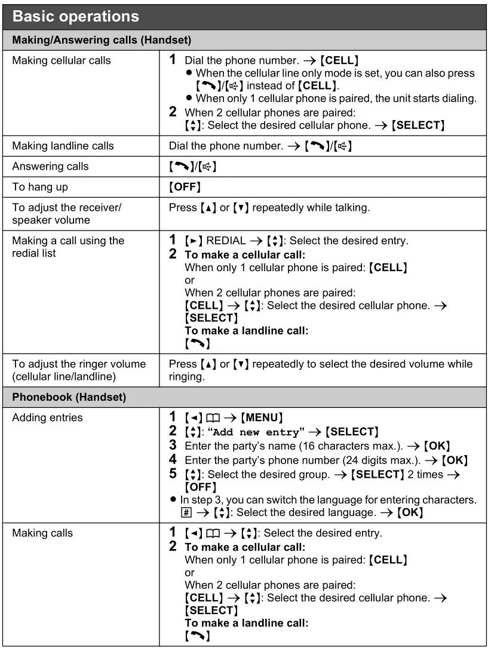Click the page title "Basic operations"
tap(75, 16)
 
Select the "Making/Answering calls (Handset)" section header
tap(102, 41)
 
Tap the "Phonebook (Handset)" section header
tap(69, 397)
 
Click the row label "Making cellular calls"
tap(62, 60)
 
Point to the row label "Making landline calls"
tap(63, 146)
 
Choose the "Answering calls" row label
tap(50, 167)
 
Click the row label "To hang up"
tap(40, 187)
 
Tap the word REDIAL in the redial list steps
tap(226, 241)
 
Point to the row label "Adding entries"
tap(47, 417)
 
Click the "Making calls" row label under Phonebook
tap(42, 533)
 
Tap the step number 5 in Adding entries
tap(173, 474)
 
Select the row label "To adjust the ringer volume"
tap(79, 364)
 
